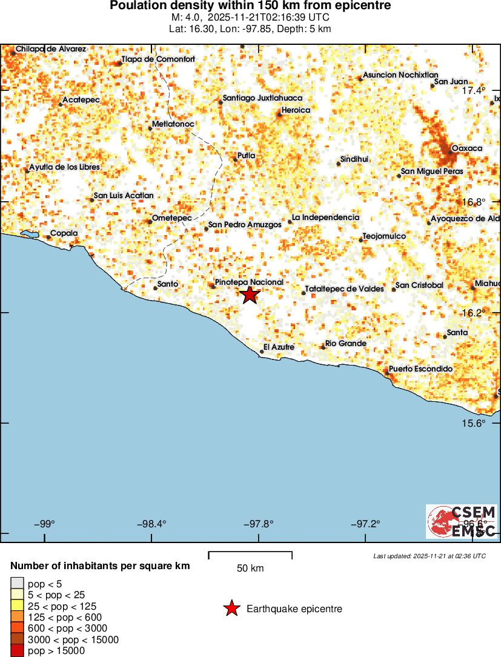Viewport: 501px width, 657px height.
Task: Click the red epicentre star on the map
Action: tap(250, 295)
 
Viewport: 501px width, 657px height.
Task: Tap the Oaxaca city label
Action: tap(467, 148)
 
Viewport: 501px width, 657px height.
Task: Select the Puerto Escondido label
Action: tap(420, 369)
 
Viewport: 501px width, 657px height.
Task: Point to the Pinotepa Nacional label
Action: tap(249, 282)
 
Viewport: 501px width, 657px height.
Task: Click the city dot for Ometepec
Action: tap(150, 221)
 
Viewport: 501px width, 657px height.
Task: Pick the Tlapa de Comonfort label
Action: tap(158, 59)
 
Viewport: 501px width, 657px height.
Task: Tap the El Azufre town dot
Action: tap(262, 351)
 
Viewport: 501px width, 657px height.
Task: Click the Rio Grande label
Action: tap(345, 344)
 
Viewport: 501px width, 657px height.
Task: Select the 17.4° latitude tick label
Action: tap(474, 90)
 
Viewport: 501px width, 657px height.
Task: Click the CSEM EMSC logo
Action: tap(462, 521)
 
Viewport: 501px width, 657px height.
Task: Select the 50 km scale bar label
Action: tap(250, 569)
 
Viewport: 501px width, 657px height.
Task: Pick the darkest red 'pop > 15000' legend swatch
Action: tap(16, 651)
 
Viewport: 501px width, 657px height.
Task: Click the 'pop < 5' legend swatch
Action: tap(16, 584)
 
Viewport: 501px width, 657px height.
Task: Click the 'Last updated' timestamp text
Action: tap(430, 556)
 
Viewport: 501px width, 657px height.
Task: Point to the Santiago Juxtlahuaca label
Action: tap(262, 98)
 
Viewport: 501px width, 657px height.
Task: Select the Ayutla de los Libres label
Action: tap(64, 167)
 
